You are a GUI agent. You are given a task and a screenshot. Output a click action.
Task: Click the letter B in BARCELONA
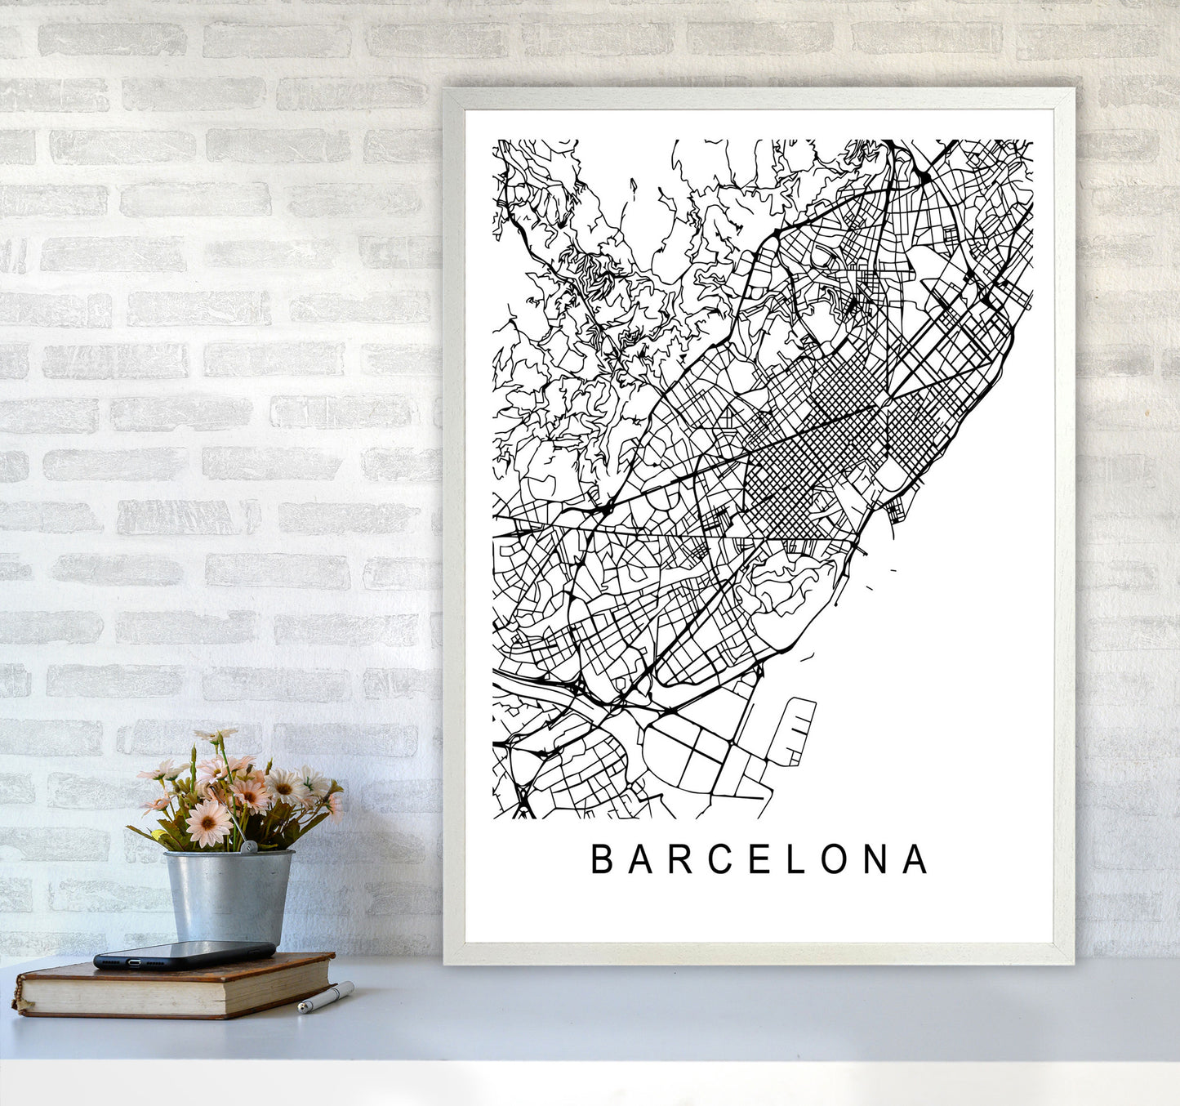602,859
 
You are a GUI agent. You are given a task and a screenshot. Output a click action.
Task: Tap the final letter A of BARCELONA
916,859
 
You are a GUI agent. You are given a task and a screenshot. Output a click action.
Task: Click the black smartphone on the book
184,954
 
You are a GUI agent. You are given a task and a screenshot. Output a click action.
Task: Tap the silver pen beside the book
326,998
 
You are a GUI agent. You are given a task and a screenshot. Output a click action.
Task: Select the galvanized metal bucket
229,894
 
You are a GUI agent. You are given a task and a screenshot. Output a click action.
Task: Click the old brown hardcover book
176,986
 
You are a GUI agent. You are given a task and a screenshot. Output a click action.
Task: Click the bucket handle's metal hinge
252,849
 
